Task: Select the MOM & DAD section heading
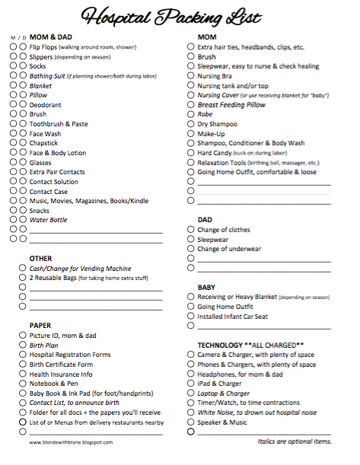(52, 36)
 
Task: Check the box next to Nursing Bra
(191, 75)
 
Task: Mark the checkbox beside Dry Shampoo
(191, 123)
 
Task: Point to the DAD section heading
(205, 219)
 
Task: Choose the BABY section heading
(207, 287)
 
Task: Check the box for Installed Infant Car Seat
(191, 317)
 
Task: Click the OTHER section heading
(41, 258)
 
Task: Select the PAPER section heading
(40, 326)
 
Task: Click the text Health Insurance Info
(61, 374)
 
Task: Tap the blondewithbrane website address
(72, 442)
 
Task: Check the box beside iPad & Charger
(191, 384)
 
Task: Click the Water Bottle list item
(48, 220)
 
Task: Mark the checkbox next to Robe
(191, 113)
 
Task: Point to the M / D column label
(18, 37)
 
